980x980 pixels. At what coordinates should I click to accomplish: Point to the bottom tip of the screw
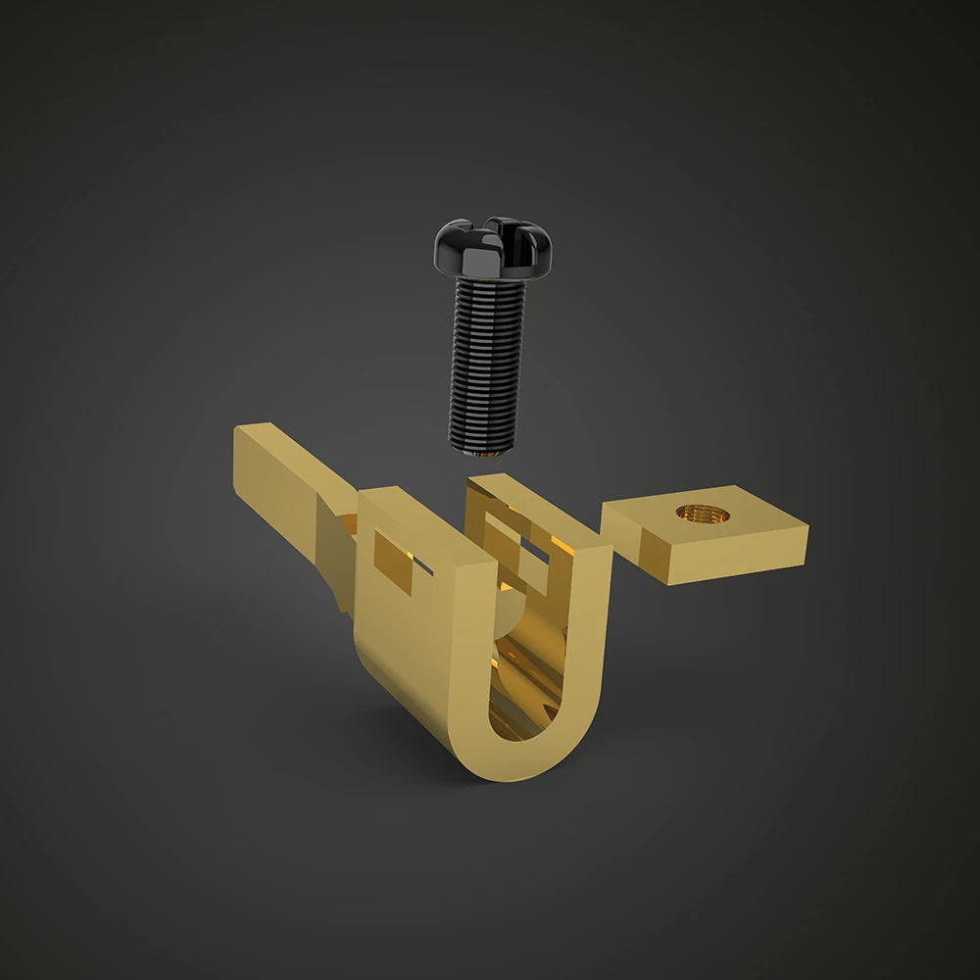coord(488,453)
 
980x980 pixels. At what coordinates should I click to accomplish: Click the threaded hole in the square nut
coord(697,513)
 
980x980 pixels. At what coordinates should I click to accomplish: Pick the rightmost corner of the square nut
coord(809,530)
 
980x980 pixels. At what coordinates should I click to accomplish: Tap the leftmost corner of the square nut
coord(602,512)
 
